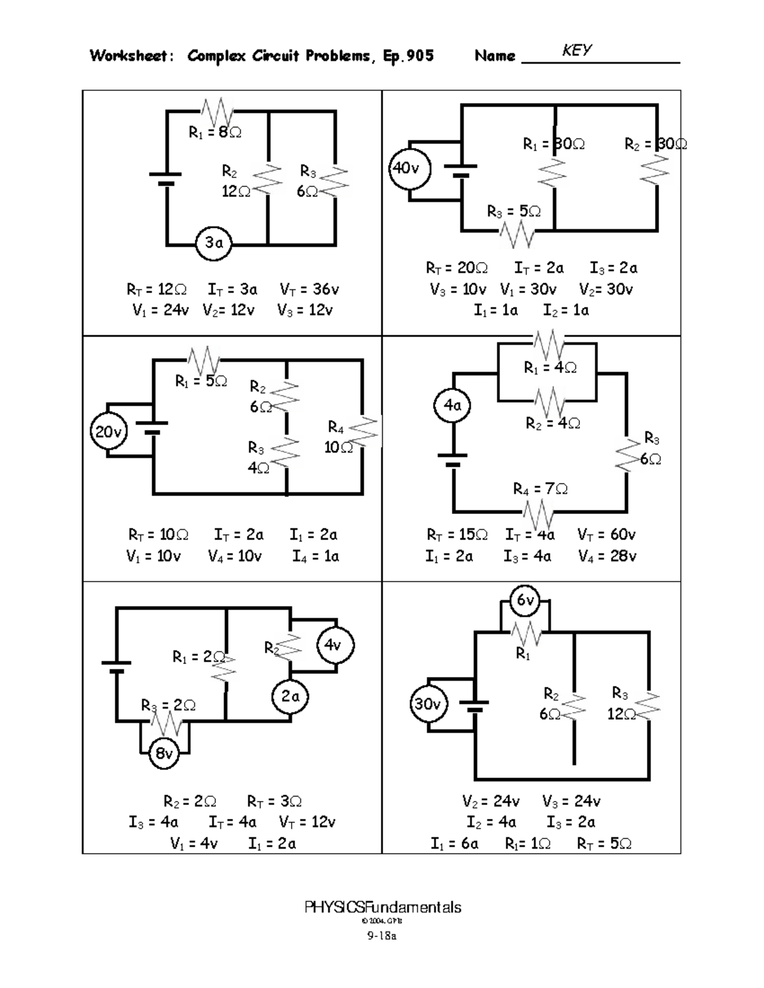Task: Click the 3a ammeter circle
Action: [214, 242]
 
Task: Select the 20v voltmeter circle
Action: [109, 433]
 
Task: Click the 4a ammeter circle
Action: [453, 405]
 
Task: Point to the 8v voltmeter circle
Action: [164, 754]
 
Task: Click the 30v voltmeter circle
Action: [428, 704]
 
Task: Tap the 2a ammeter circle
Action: [290, 697]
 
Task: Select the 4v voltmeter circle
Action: [334, 645]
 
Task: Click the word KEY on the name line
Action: [577, 51]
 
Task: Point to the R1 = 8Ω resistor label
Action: [215, 132]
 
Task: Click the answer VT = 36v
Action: [309, 290]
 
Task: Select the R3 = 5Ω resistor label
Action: [513, 211]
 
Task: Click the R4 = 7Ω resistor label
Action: [541, 489]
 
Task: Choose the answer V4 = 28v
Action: [607, 556]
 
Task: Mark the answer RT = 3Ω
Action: [274, 801]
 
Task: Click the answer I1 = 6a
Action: [454, 844]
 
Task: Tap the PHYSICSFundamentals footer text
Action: [383, 907]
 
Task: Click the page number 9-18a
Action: [381, 936]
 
